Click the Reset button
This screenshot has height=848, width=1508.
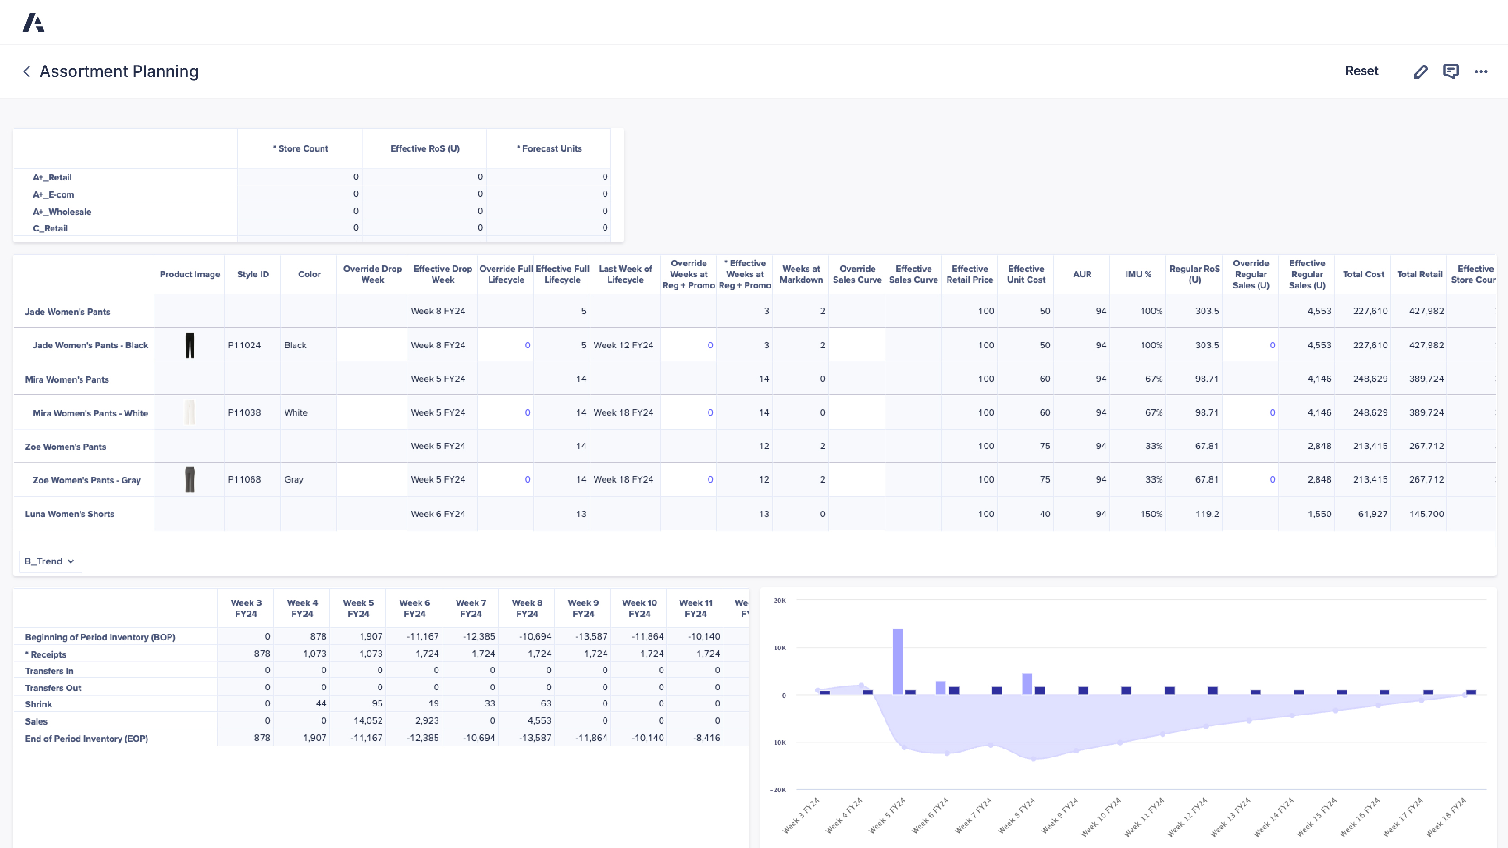pos(1361,71)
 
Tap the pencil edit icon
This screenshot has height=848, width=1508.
pos(1420,71)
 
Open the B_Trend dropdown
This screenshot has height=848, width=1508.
pos(50,561)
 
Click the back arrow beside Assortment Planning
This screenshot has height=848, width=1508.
pos(26,71)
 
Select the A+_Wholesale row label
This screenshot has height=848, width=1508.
pos(62,211)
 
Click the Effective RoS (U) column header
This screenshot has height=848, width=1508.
pos(424,149)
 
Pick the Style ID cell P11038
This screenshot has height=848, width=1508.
pos(244,412)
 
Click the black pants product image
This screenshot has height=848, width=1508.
pos(190,345)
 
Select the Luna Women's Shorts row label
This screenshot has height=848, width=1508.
pos(69,514)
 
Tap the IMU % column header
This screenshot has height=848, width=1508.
pos(1137,274)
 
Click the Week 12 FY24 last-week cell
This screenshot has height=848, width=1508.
pos(623,345)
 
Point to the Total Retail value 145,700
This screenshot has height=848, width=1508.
pos(1426,514)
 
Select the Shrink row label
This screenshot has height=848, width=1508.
pos(38,704)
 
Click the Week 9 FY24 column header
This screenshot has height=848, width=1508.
pos(583,608)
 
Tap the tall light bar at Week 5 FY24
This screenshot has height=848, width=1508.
pos(897,661)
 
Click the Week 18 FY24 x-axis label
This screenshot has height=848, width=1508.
pos(1446,817)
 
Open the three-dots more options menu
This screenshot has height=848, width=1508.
pos(1480,71)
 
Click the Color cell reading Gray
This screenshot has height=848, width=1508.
pos(294,479)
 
